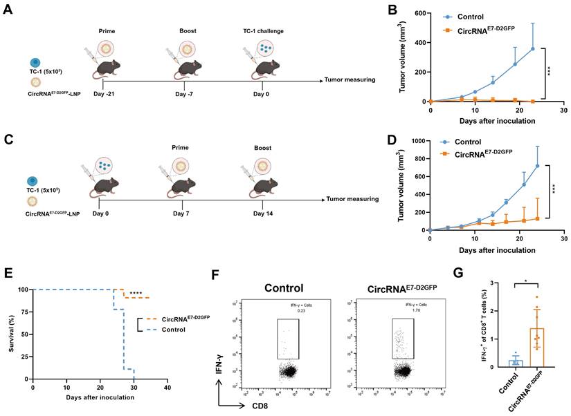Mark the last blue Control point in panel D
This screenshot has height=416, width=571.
pyautogui.click(x=537, y=166)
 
